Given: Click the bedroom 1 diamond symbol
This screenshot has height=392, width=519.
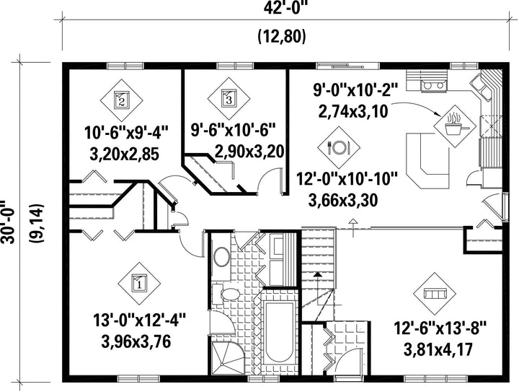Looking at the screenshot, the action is tap(139, 284).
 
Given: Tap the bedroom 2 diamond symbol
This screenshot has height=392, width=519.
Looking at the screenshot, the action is tap(122, 100).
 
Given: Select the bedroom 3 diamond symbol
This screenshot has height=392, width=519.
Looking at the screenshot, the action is tap(229, 99).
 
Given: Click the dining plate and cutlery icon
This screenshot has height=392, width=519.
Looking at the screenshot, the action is tap(339, 147).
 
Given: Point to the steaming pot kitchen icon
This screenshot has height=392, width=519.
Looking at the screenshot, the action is tap(454, 126).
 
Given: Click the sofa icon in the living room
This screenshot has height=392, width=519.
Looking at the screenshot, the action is tap(435, 294).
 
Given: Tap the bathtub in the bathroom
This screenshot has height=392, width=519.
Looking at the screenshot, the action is tap(279, 332).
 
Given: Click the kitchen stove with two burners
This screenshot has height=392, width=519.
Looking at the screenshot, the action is tap(434, 85).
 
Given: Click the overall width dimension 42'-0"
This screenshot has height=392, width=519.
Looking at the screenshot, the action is tap(285, 8).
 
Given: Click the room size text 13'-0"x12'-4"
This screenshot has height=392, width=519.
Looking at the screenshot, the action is tap(139, 321).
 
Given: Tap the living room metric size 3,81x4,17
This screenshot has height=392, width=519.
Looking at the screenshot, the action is tap(438, 349).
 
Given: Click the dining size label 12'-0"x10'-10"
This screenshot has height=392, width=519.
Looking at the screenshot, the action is tap(346, 180).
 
